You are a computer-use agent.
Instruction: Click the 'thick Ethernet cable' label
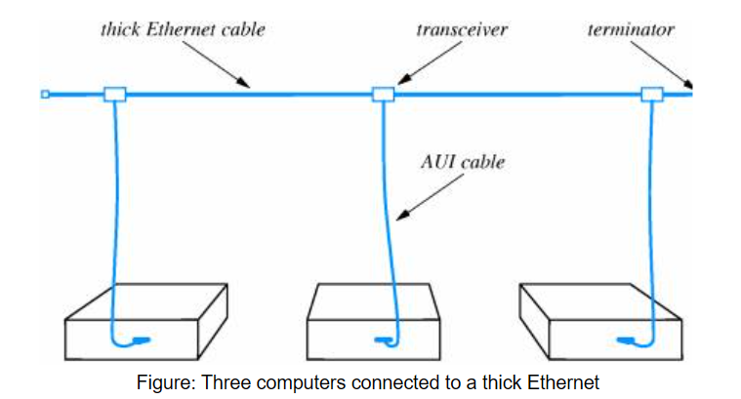[183, 29]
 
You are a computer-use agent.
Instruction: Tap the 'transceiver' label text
[462, 29]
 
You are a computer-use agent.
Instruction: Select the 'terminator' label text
[631, 29]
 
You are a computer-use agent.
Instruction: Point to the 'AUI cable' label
[463, 162]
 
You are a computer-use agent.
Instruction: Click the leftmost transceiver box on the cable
[115, 95]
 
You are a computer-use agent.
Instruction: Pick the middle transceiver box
[383, 95]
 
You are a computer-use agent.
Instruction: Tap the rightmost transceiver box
[652, 95]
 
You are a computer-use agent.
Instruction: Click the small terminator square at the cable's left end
[45, 95]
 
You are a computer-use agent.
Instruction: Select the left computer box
[146, 322]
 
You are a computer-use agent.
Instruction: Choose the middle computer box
[373, 322]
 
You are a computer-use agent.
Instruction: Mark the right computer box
[600, 322]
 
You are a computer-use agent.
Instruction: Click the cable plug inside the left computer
[142, 339]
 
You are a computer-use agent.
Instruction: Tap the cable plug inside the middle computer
[383, 339]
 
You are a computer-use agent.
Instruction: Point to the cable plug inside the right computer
[626, 339]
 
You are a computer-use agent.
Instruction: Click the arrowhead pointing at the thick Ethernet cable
[243, 83]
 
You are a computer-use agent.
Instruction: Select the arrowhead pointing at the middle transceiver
[404, 79]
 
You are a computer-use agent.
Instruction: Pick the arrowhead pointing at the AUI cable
[402, 215]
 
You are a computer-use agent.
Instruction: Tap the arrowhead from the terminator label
[689, 84]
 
